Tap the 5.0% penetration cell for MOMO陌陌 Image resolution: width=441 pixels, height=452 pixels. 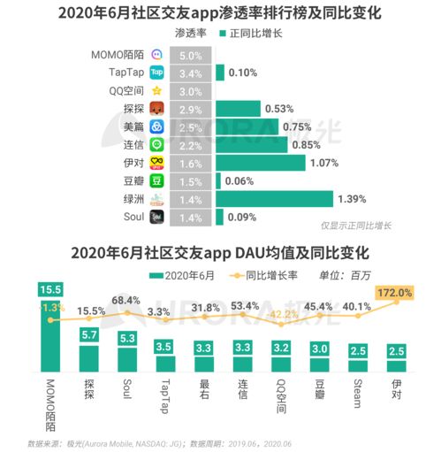point(190,55)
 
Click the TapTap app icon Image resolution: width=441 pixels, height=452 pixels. point(156,73)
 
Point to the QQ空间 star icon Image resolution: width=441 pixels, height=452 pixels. point(156,90)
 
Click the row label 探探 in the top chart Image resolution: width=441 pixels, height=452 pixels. point(133,109)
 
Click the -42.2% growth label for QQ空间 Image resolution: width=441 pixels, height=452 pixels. point(282,313)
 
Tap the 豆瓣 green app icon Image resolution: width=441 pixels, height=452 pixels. point(156,180)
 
